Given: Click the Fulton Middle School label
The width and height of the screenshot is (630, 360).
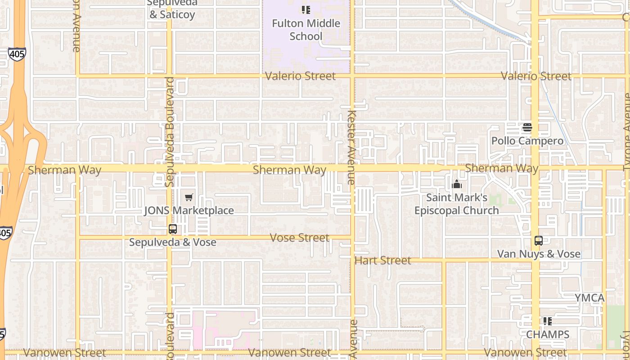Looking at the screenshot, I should (306, 30).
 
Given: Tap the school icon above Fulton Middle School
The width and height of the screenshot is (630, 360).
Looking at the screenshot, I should (306, 9).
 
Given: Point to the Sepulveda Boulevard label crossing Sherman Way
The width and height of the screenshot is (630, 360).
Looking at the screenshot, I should (170, 132).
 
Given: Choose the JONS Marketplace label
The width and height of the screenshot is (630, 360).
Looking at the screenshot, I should (189, 211).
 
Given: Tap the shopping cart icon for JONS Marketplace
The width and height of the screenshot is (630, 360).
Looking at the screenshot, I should (189, 198).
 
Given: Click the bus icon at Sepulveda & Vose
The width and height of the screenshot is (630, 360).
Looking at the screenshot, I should (173, 229).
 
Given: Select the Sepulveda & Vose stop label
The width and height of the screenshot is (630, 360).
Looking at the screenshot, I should (173, 243).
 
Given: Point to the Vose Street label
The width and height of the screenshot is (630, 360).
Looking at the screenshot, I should (300, 238).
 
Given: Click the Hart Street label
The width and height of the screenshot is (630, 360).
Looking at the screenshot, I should (382, 260).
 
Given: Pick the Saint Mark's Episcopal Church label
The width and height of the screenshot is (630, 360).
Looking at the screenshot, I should (456, 204).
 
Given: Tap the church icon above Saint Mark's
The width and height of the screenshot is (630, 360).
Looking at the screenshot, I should (457, 184).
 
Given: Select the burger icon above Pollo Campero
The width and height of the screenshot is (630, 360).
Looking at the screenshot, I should (527, 128).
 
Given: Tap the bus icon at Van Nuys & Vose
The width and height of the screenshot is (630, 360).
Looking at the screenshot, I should (539, 241).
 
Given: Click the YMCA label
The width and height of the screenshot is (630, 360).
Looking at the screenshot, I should (589, 298).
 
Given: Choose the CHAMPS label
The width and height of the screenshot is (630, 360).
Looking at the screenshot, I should (548, 334).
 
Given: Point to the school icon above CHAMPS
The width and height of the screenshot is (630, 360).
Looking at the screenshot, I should (548, 321).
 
